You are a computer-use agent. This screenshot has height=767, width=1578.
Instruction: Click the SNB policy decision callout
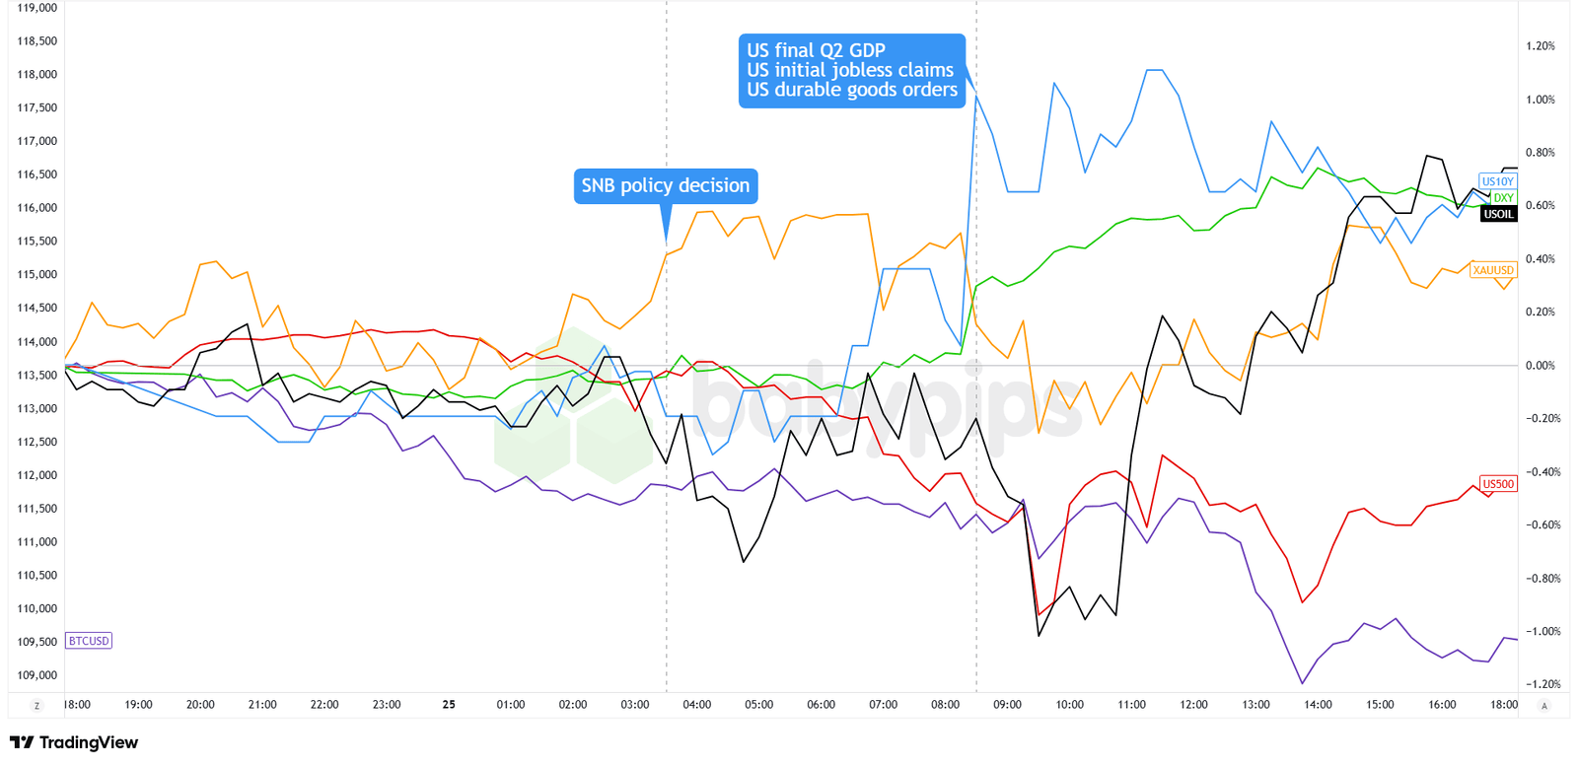click(666, 186)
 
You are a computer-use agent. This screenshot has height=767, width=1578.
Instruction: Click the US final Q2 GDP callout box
click(851, 70)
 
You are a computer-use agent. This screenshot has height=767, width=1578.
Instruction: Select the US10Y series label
click(1497, 181)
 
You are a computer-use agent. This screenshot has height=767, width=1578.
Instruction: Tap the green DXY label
click(1503, 198)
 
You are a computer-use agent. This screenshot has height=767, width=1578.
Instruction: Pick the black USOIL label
click(1498, 214)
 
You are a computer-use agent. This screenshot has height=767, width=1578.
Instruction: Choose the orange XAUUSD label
click(1493, 270)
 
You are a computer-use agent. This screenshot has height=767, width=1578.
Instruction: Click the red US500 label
click(1498, 484)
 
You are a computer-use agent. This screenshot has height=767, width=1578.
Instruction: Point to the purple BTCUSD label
click(89, 641)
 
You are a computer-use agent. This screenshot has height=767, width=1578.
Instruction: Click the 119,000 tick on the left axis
click(37, 8)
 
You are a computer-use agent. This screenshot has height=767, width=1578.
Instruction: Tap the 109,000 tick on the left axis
click(37, 675)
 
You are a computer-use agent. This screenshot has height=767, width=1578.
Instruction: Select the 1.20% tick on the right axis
click(1541, 46)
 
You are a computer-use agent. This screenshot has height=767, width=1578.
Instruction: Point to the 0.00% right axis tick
click(1541, 366)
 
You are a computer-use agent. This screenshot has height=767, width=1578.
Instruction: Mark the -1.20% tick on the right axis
click(1541, 684)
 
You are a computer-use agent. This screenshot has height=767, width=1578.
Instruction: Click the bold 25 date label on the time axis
click(449, 705)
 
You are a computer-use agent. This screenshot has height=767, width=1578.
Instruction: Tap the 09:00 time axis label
click(1007, 705)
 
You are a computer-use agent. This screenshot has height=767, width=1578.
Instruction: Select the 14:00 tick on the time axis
click(1318, 705)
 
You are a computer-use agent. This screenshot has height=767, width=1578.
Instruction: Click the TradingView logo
click(74, 742)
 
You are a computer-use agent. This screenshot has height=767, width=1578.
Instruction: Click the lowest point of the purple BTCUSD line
click(1303, 683)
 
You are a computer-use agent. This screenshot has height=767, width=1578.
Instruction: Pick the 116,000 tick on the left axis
click(37, 208)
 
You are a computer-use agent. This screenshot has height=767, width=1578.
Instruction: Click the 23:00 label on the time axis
click(387, 705)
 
